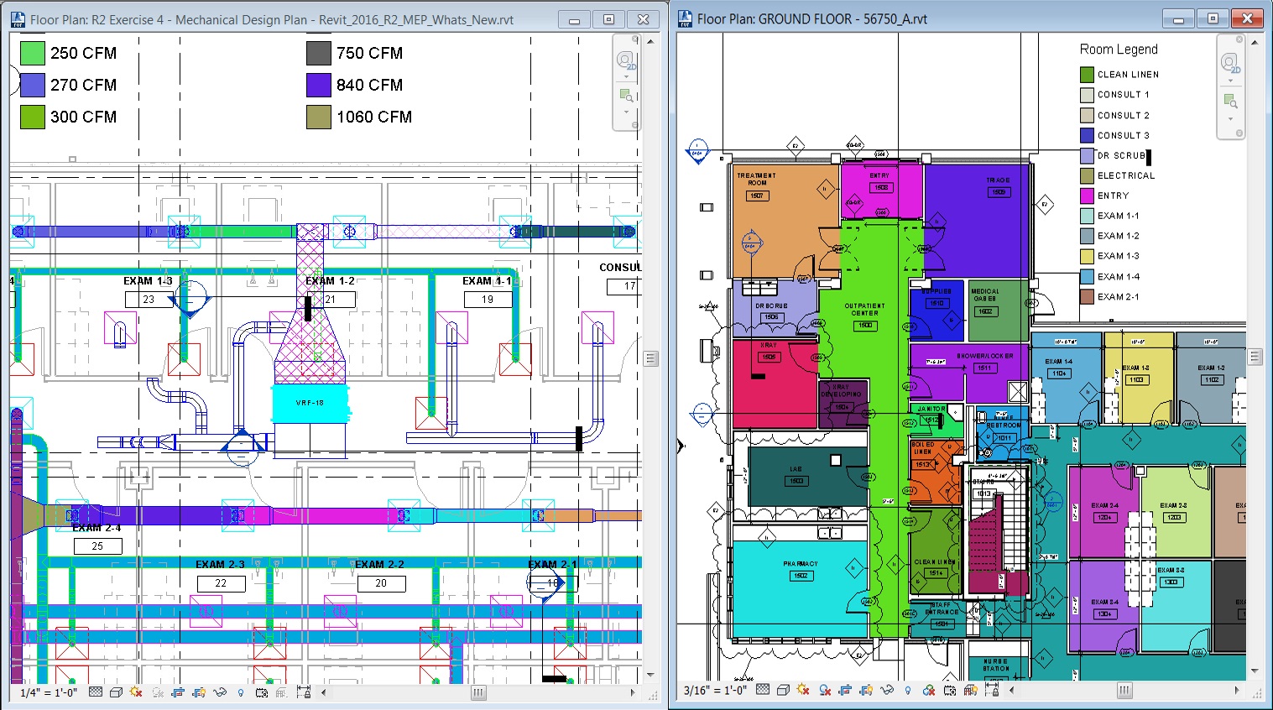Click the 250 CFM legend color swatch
(x=32, y=53)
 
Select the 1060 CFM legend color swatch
(x=319, y=117)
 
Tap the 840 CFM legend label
(x=369, y=85)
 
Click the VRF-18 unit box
(x=310, y=403)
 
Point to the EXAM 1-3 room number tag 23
(x=149, y=299)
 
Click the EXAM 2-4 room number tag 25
(x=97, y=546)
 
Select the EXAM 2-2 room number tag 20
(x=381, y=582)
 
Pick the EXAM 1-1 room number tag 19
(x=488, y=299)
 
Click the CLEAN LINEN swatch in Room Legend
(x=1087, y=75)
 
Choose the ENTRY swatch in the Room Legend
(x=1087, y=196)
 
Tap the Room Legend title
(x=1119, y=50)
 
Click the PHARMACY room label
(x=801, y=564)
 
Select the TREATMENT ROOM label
(x=756, y=179)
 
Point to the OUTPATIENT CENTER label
(x=864, y=309)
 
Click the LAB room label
(x=796, y=469)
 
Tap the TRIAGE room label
(x=998, y=180)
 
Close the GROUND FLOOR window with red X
(x=1247, y=18)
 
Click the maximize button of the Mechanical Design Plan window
(x=608, y=19)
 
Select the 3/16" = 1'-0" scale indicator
(x=713, y=690)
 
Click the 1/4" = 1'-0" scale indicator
(x=49, y=692)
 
